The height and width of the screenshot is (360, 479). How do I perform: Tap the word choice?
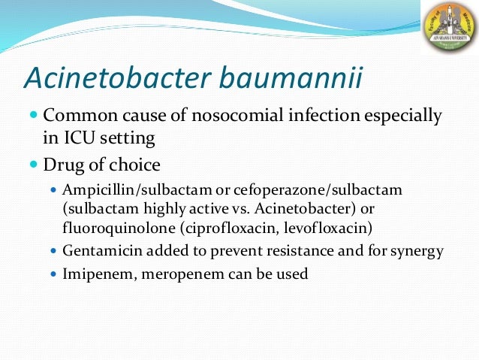point(136,163)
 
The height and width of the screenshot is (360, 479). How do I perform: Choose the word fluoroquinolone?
point(108,226)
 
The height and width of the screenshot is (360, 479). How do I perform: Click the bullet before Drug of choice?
point(33,164)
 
